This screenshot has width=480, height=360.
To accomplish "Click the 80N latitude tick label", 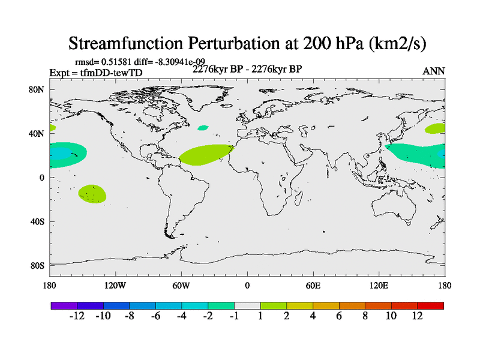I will click(x=37, y=89).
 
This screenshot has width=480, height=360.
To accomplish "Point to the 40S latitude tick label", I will click(x=37, y=221).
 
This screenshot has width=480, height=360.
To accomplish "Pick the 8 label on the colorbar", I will click(x=365, y=316).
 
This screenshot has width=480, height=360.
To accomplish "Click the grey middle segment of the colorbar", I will click(x=247, y=305).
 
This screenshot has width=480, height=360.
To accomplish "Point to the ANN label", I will click(x=434, y=71).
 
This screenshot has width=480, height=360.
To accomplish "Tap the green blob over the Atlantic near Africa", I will click(x=205, y=155).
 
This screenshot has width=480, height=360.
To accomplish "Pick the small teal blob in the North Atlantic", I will click(x=203, y=128).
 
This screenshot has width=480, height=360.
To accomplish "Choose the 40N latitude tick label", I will click(x=37, y=133).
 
